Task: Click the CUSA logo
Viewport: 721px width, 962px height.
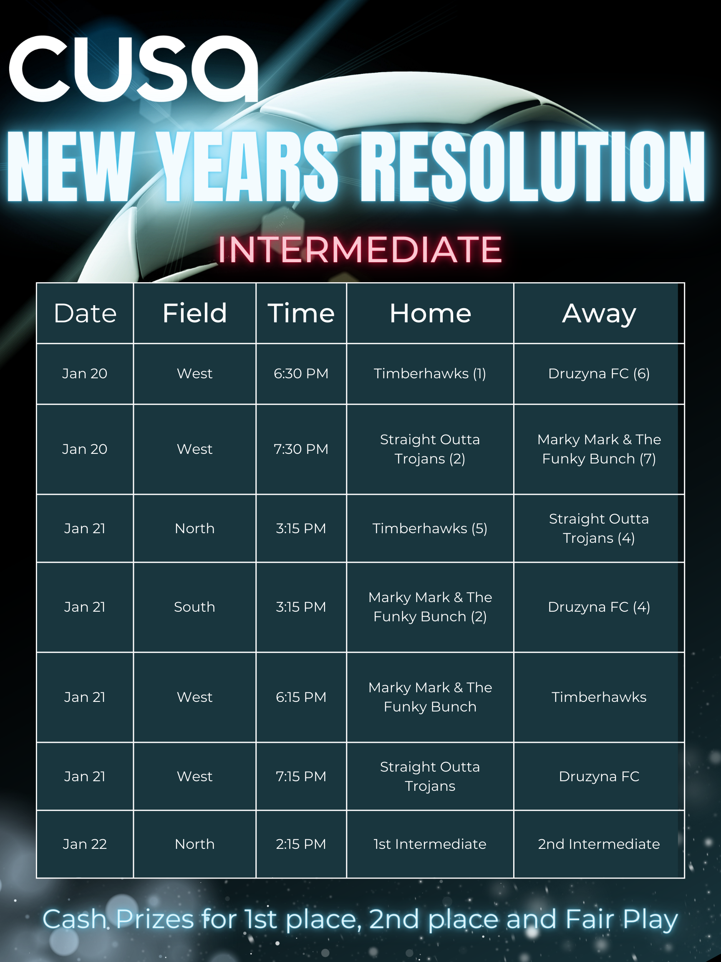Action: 134,68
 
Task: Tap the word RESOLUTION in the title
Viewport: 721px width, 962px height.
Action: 533,167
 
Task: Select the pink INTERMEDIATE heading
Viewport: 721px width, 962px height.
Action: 360,250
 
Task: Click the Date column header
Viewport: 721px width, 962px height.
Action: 85,313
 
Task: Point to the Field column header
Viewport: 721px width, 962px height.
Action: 195,313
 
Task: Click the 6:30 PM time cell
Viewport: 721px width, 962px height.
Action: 301,374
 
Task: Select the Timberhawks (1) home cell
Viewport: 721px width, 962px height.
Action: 430,374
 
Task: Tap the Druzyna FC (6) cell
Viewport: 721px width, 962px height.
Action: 599,374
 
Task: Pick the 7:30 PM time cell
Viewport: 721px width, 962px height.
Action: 301,449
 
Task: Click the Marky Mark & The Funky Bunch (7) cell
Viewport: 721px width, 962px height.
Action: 599,449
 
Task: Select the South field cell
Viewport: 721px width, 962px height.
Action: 195,607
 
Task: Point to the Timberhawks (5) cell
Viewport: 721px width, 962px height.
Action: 430,529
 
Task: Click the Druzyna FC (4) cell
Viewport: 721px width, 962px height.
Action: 599,607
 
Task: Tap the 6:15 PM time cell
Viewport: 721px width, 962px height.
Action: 301,697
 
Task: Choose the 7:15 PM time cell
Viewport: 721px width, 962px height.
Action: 301,776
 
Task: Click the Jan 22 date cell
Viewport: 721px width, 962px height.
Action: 85,844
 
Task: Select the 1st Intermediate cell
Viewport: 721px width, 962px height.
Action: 430,844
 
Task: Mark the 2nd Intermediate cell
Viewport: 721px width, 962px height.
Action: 599,844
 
